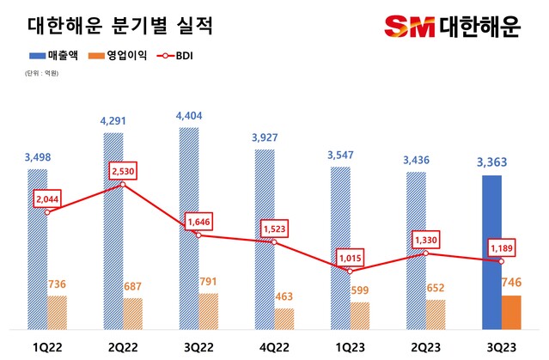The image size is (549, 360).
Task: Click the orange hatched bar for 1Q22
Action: (x=58, y=313)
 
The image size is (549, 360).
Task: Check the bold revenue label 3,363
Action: (x=492, y=162)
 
